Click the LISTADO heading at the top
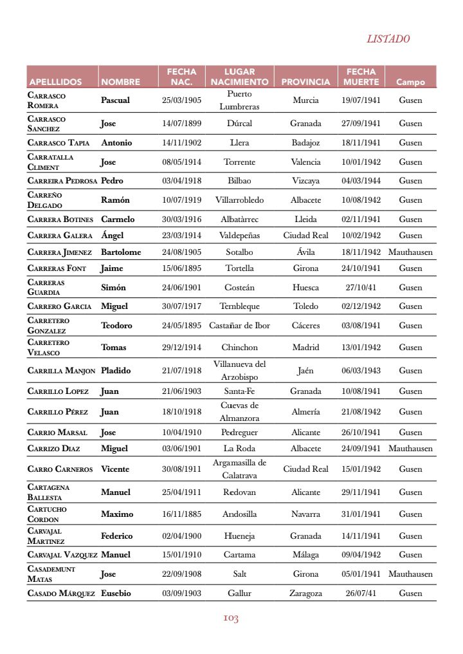pos(388,39)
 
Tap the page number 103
pos(231,619)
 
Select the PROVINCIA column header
pos(305,82)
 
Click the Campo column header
pos(410,82)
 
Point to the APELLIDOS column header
pos(55,82)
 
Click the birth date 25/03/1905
pos(181,100)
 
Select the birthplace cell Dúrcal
pos(239,124)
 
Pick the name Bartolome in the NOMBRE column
pos(121,252)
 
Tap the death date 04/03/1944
pos(361,181)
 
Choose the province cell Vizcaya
pos(305,181)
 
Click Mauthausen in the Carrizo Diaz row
pos(410,449)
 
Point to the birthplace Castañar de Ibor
pos(239,326)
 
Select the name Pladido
pos(116,371)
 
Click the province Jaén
pos(305,371)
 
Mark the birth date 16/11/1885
pos(181,514)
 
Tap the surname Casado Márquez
pos(61,593)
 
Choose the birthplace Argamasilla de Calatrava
pos(239,469)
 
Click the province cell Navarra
pos(305,514)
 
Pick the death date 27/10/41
pos(361,288)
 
